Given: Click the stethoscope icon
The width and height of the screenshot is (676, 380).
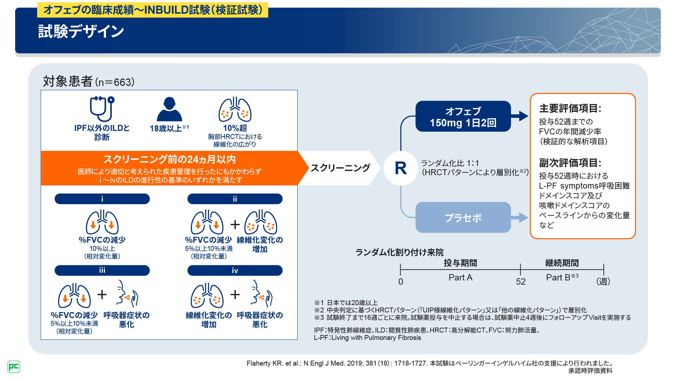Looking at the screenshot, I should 102,109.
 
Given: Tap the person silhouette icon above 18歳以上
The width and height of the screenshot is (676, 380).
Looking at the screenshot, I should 169,109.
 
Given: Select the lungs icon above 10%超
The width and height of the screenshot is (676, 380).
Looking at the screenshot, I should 235,110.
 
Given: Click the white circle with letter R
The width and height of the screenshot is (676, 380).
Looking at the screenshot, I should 401,168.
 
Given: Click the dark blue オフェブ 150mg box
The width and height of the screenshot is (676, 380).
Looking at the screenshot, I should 463,116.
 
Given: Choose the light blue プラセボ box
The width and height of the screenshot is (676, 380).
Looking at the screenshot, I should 463,217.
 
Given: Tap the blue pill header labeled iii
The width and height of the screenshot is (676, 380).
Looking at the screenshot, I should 102,270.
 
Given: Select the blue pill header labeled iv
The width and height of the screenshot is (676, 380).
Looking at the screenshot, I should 235,270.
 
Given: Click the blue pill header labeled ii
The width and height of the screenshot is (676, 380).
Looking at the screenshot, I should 235,199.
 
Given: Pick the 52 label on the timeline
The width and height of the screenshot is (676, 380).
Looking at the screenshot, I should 521,281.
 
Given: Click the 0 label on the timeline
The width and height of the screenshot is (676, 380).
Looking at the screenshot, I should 401,281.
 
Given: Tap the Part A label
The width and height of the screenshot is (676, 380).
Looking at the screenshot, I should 460,278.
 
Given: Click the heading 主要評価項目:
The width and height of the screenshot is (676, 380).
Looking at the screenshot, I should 570,108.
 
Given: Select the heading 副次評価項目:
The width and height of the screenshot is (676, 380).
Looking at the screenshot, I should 570,163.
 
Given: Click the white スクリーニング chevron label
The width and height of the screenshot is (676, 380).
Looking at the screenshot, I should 340,168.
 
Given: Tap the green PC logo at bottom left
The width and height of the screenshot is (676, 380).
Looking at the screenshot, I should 14,367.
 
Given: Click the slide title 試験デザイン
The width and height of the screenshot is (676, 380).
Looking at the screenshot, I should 81,31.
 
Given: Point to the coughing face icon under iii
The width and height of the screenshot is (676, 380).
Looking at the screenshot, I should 126,294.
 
